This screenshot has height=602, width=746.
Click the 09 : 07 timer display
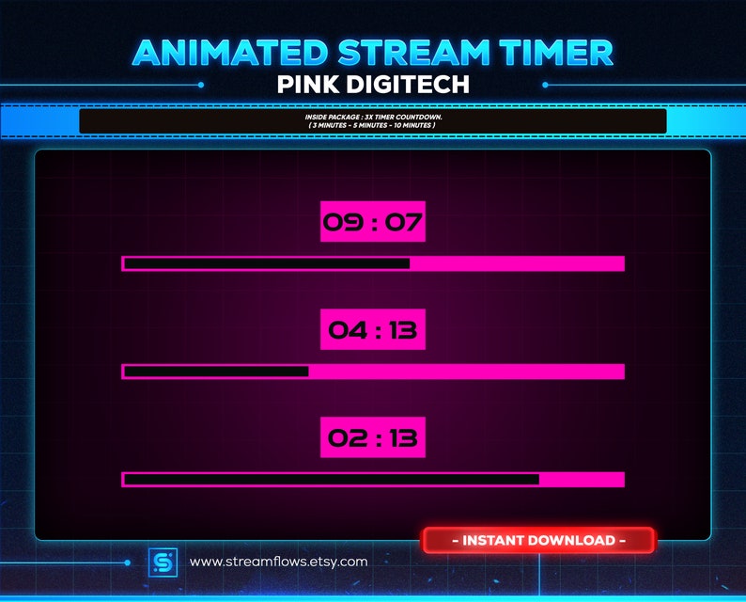[372, 222]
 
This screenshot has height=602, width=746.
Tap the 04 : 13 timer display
[372, 330]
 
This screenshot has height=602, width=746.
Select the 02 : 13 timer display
[372, 437]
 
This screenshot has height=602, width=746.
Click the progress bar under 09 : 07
[373, 263]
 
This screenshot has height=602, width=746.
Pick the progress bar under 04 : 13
[373, 372]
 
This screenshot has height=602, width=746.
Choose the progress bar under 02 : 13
[373, 480]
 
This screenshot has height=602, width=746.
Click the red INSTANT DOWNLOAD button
[538, 541]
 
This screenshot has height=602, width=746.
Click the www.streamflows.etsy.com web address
[278, 562]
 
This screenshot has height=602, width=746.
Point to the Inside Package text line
[372, 117]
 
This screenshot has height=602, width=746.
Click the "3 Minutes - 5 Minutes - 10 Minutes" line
[372, 124]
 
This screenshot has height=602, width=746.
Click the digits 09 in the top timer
[340, 223]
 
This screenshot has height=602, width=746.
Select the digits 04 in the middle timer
[342, 331]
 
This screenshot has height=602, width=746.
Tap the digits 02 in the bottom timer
[344, 438]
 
